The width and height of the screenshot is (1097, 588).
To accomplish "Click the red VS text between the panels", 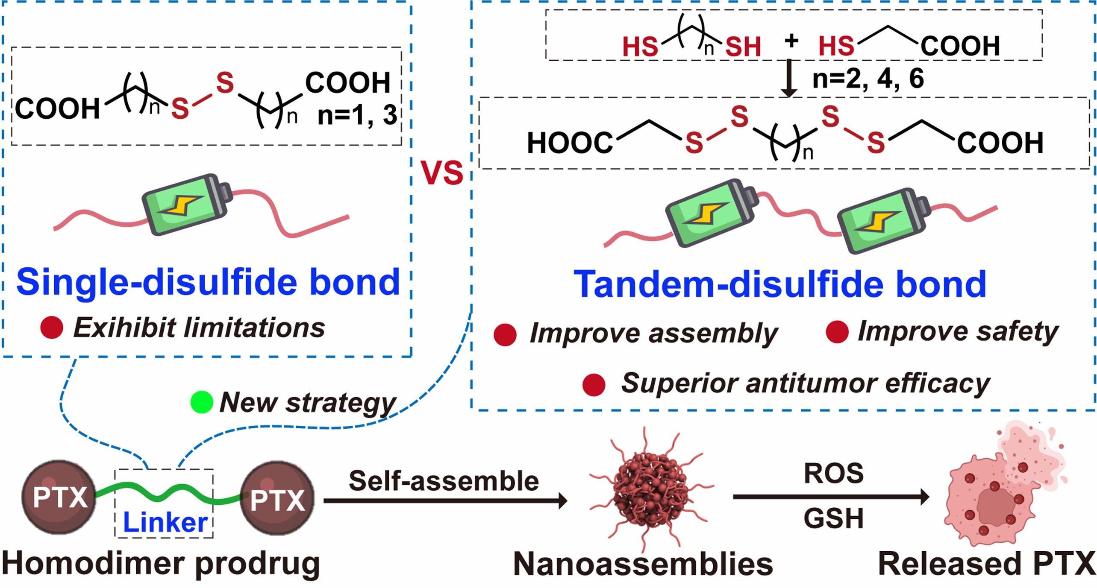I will click(442, 173).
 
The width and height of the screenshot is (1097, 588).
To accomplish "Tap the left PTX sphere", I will click(59, 497).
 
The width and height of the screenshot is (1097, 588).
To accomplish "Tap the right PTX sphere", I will click(277, 499).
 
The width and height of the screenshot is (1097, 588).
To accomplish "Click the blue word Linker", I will click(165, 522).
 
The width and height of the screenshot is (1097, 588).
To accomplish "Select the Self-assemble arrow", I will click(444, 500).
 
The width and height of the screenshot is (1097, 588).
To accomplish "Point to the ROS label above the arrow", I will click(833, 474).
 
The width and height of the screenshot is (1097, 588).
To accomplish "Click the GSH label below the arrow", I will click(833, 518).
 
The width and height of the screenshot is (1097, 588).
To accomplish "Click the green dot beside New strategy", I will click(201, 402).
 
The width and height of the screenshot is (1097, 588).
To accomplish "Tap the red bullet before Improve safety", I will click(837, 332).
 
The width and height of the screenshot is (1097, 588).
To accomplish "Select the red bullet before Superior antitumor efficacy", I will click(594, 384).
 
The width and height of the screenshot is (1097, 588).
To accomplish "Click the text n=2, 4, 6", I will click(868, 79).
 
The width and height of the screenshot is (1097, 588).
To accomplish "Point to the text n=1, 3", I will click(357, 115).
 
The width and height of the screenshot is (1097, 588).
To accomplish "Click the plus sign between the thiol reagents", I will click(791, 41).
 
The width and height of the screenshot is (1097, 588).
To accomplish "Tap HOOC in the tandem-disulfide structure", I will click(570, 143).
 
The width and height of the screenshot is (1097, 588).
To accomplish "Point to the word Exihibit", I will click(124, 328).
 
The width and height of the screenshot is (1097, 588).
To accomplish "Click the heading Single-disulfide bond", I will click(208, 282).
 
